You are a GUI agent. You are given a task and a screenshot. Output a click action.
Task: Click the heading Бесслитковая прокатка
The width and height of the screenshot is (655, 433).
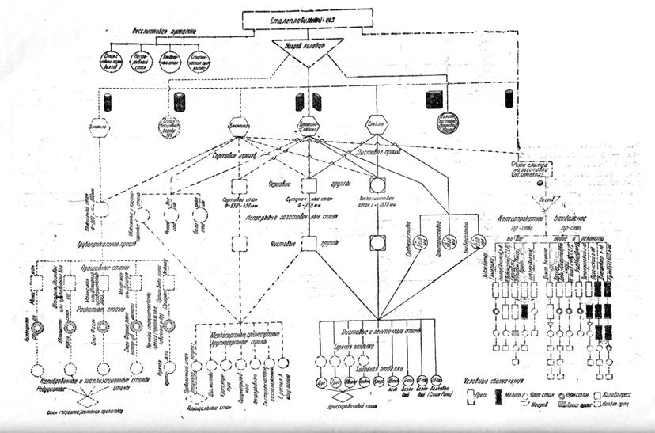click(x=162, y=31)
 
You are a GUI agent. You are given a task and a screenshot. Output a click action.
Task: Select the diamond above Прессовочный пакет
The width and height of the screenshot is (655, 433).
click(x=342, y=398)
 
